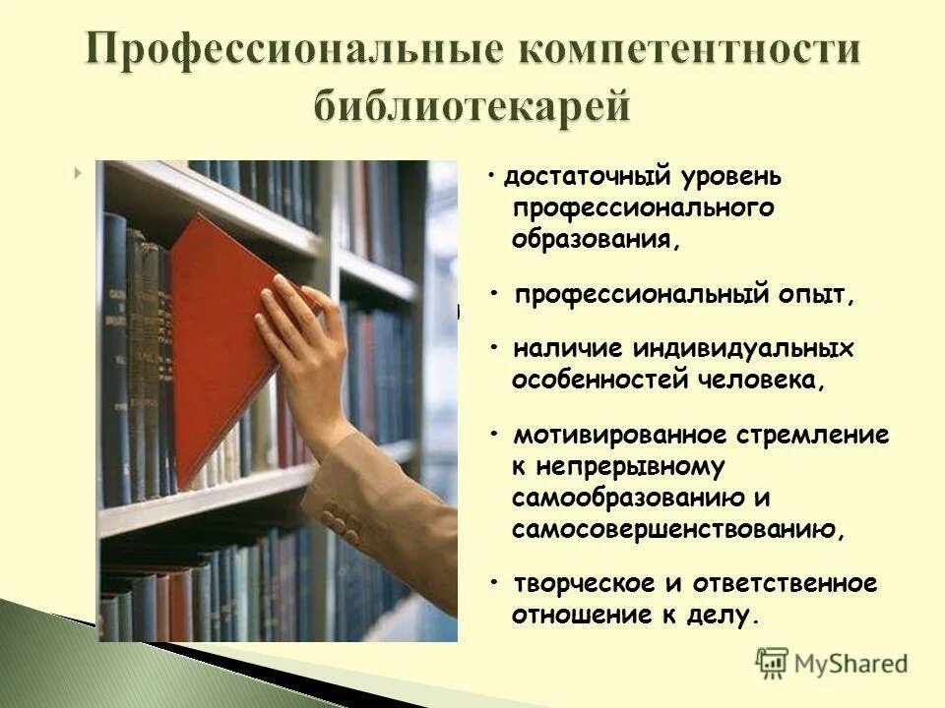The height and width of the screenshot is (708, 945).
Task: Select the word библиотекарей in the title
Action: [x=472, y=103]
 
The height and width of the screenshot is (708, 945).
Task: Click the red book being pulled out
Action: [x=220, y=344]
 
